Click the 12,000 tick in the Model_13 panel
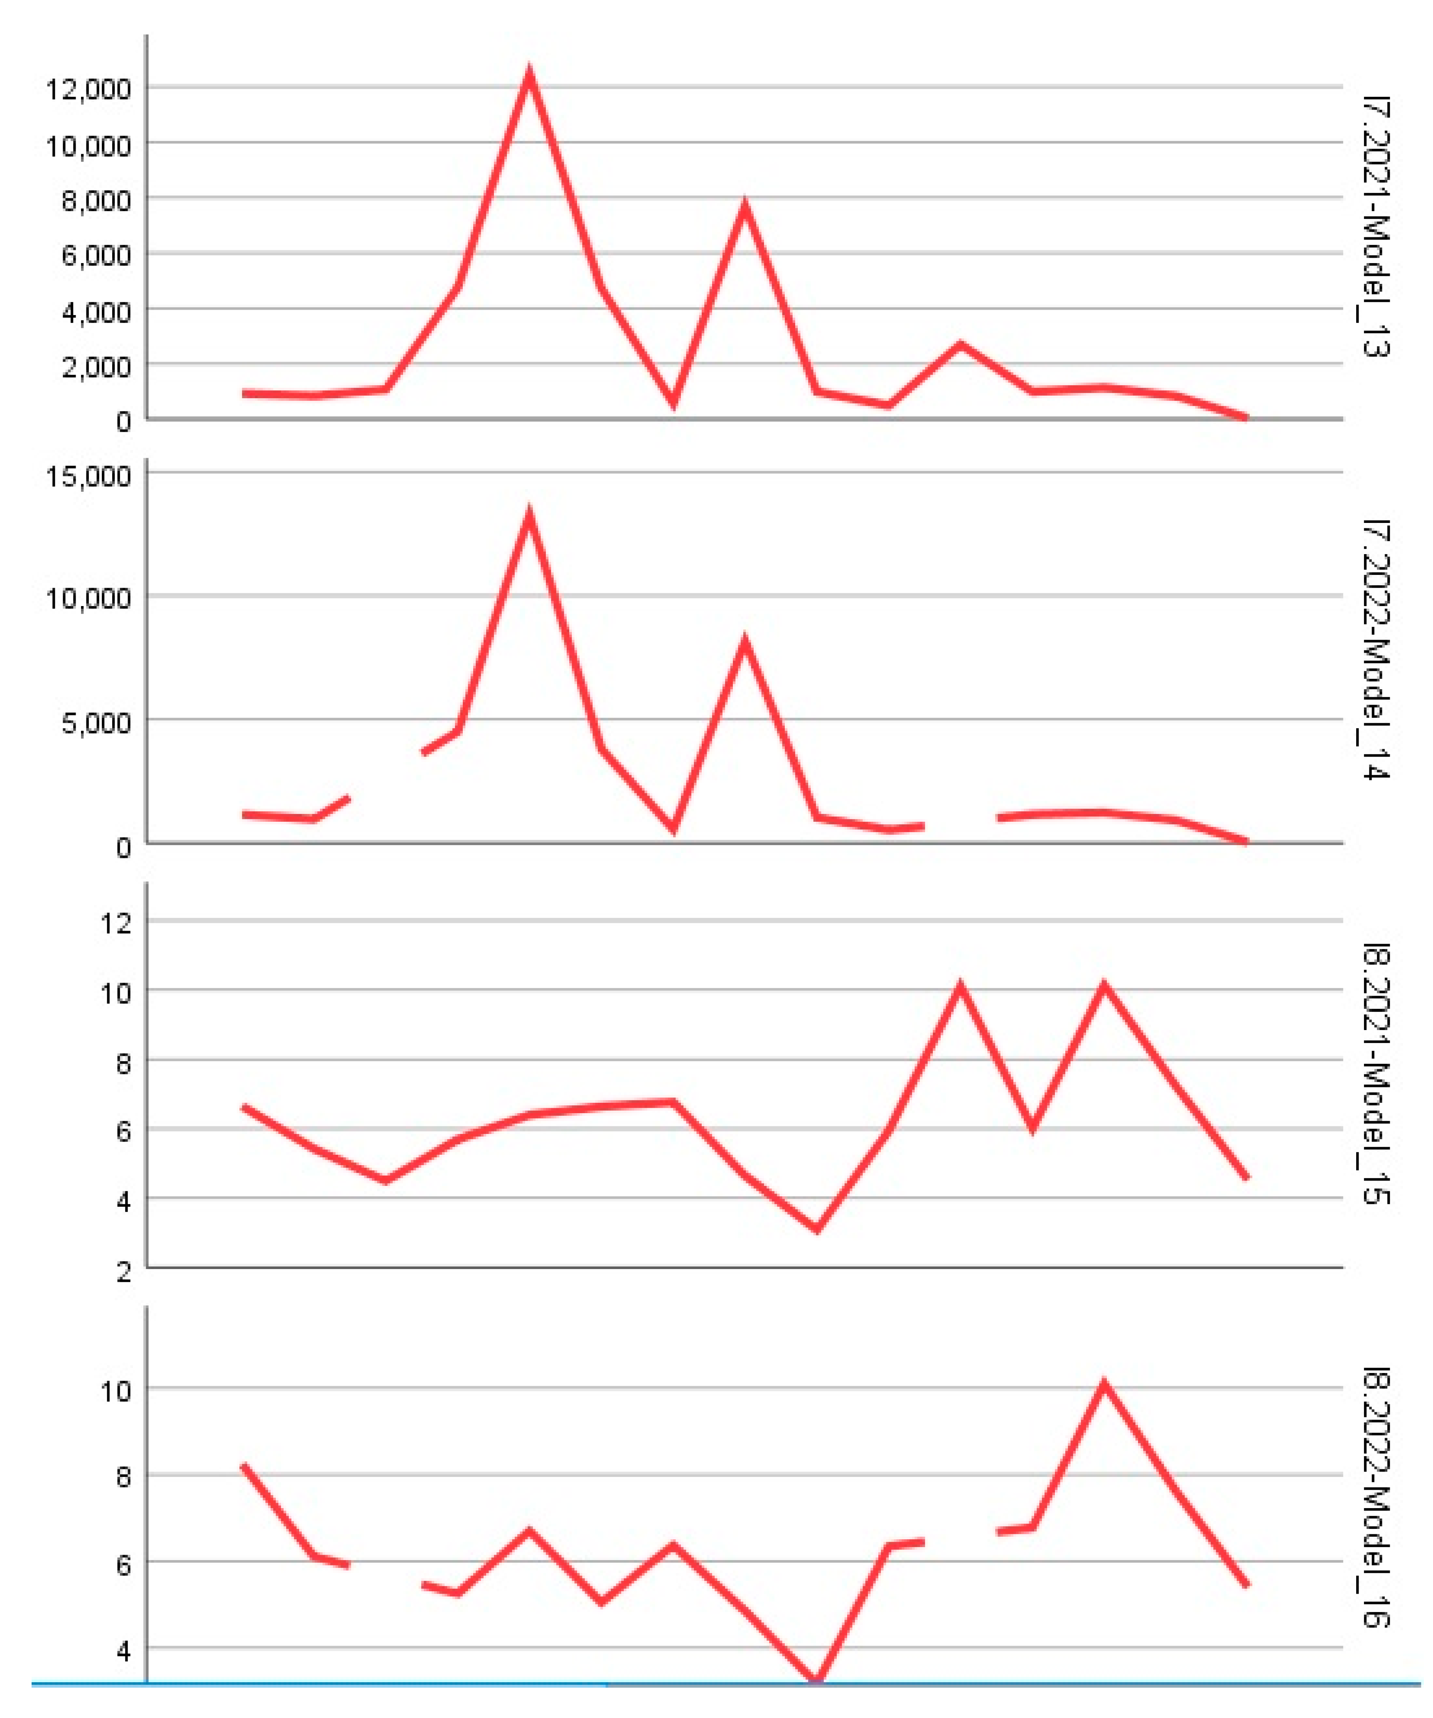(88, 89)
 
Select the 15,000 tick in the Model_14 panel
(88, 475)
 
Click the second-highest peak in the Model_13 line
(744, 205)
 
